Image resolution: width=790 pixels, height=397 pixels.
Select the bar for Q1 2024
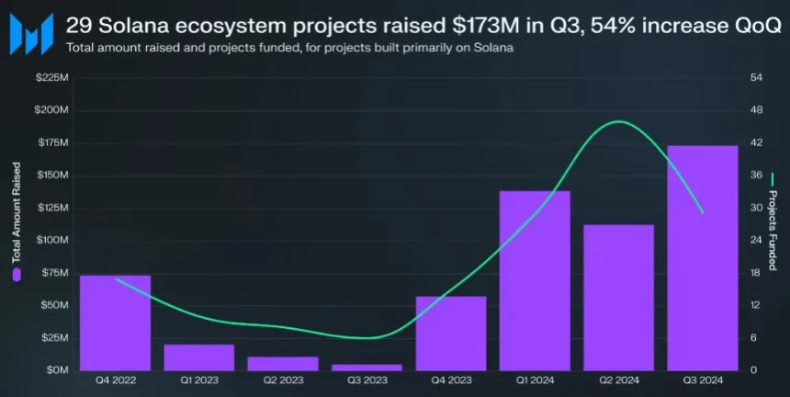pyautogui.click(x=535, y=280)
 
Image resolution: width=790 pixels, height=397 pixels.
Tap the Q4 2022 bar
pyautogui.click(x=115, y=322)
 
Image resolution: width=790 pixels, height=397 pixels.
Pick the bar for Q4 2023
pyautogui.click(x=451, y=333)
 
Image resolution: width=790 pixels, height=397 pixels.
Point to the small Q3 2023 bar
pyautogui.click(x=367, y=367)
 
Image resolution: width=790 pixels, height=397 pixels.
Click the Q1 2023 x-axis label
pyautogui.click(x=199, y=379)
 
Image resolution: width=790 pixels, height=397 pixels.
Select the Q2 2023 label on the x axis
pyautogui.click(x=283, y=379)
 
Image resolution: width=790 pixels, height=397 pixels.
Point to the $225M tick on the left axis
pyautogui.click(x=51, y=77)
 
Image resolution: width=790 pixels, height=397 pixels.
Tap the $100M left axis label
pyautogui.click(x=51, y=240)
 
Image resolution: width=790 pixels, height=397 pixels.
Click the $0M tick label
pyautogui.click(x=55, y=370)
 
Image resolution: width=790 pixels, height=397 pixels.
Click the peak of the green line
pyautogui.click(x=619, y=121)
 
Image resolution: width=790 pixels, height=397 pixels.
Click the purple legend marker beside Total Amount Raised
pyautogui.click(x=17, y=274)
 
